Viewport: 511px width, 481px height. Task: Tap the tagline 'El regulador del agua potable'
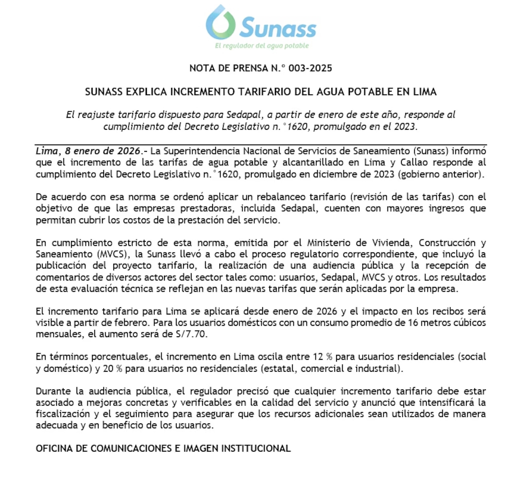click(261, 46)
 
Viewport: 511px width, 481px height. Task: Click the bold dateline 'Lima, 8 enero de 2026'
click(88, 151)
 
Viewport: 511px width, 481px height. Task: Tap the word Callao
click(407, 163)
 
